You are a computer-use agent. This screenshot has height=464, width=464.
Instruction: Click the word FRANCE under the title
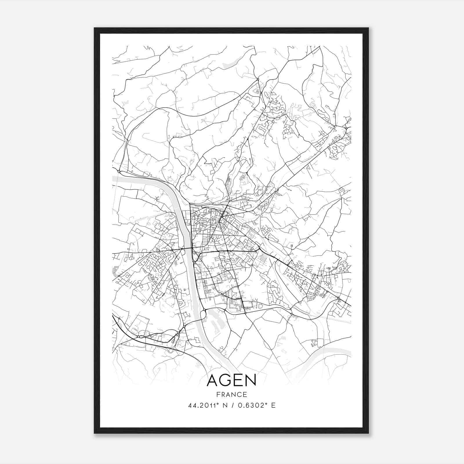232,395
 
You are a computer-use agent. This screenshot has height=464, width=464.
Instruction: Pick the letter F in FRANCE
218,395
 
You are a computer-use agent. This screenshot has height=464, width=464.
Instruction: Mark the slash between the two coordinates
232,405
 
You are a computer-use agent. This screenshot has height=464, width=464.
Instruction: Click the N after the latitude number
224,405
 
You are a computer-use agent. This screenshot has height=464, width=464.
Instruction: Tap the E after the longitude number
273,405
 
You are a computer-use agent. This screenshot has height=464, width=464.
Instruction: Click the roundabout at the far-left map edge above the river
119,172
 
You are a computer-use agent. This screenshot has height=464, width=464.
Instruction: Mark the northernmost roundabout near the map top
258,79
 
